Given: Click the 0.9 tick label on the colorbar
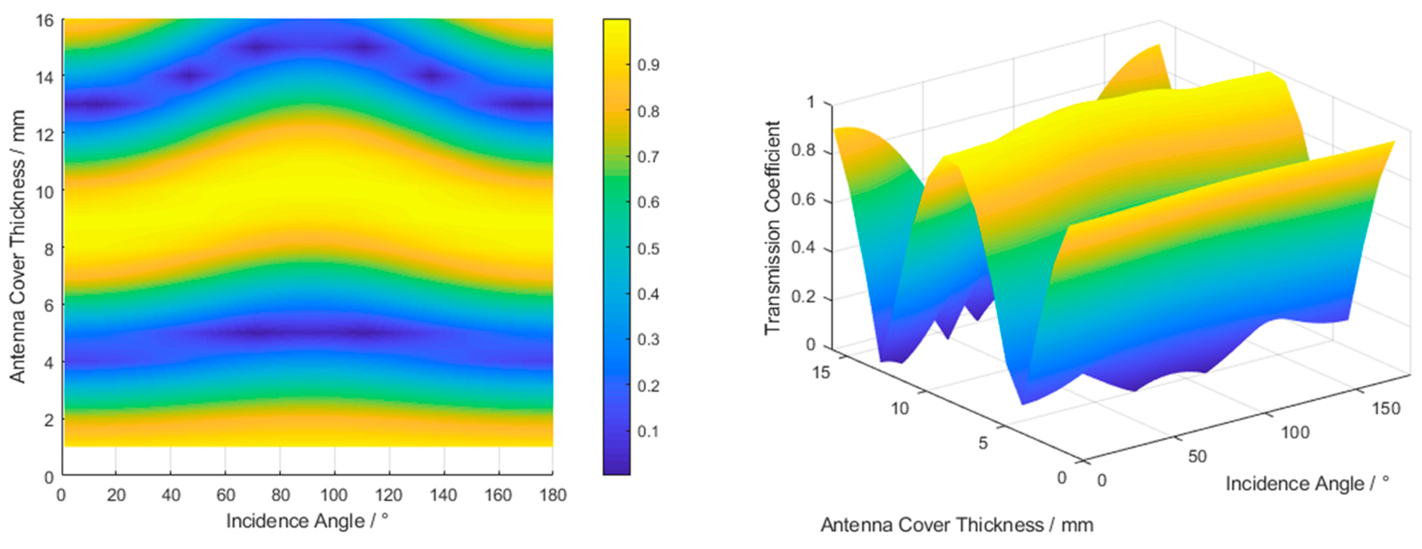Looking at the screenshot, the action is click(648, 65).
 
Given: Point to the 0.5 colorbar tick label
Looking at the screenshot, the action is click(648, 248).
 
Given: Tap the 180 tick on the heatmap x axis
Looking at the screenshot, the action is click(553, 495).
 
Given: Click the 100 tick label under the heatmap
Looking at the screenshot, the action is click(334, 495).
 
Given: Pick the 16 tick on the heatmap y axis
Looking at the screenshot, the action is click(45, 21).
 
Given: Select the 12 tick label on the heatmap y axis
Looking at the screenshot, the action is click(45, 134).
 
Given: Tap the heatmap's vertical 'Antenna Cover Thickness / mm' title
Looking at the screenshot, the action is click(17, 246).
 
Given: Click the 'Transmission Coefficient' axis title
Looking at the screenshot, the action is click(772, 227).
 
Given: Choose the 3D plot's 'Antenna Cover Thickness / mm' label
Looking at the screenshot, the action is click(957, 525).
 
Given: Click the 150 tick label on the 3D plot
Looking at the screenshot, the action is click(1386, 409).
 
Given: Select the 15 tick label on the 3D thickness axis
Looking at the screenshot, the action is click(821, 373).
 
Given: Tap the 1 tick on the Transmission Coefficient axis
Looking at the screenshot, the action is click(810, 102).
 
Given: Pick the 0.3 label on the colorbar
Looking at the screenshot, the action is click(648, 339).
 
